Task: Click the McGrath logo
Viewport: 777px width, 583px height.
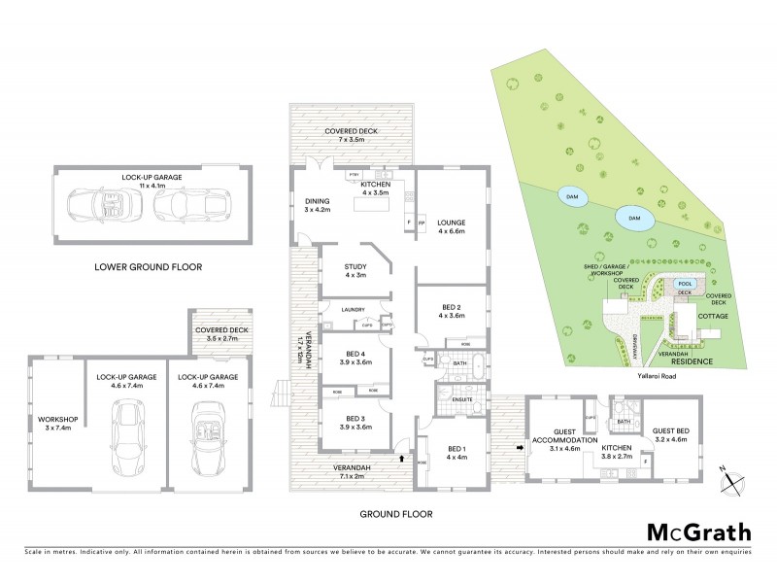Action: coord(698,532)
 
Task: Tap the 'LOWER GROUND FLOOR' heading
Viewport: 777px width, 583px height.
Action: coord(148,265)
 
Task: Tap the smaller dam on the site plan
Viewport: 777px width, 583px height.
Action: coord(571,195)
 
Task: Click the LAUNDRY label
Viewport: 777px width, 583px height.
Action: coord(353,310)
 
